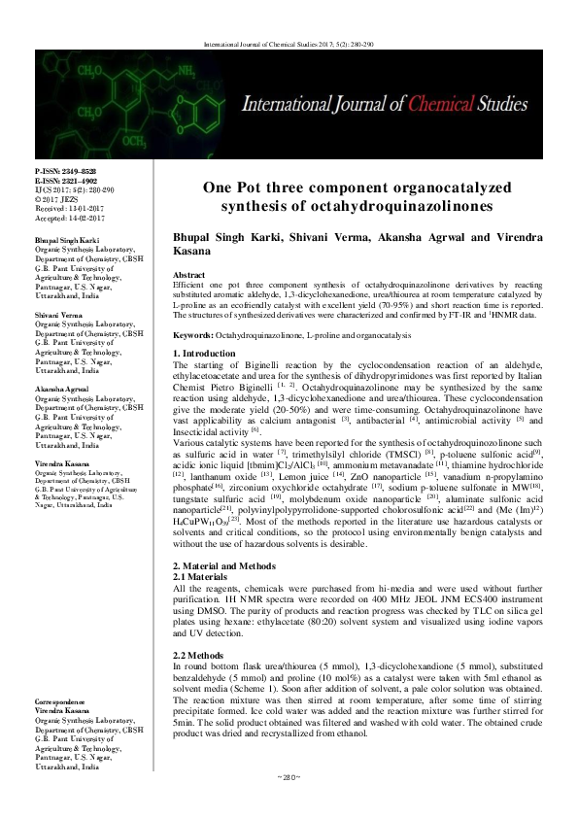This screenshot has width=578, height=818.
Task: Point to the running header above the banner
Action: tap(289, 45)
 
